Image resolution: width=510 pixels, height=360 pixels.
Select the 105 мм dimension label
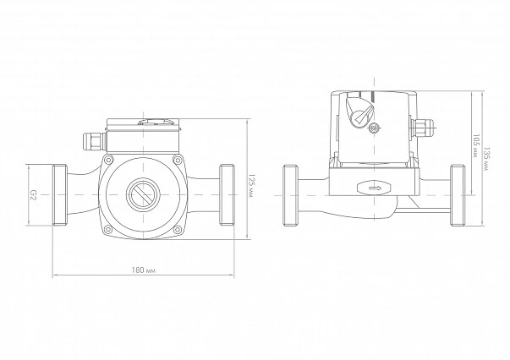pyautogui.click(x=476, y=145)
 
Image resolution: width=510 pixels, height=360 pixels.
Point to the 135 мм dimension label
pyautogui.click(x=486, y=160)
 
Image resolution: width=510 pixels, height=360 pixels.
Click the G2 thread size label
pyautogui.click(x=32, y=195)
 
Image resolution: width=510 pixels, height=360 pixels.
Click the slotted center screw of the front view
pyautogui.click(x=143, y=194)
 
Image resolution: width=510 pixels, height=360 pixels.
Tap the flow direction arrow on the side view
pyautogui.click(x=376, y=188)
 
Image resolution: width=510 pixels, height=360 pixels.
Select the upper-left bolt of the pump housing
pyautogui.click(x=108, y=160)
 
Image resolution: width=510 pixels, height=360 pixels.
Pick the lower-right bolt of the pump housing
pyautogui.click(x=178, y=230)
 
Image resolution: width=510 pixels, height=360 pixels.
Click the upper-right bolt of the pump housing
pyautogui.click(x=178, y=160)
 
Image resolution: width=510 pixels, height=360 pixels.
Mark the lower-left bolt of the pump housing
pyautogui.click(x=108, y=230)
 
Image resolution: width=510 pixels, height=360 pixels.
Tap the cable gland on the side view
pyautogui.click(x=423, y=128)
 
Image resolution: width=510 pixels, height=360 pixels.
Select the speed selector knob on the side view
pyautogui.click(x=359, y=112)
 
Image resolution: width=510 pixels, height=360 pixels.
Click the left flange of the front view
pyautogui.click(x=60, y=195)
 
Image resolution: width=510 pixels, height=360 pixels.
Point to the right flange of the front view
pyautogui.click(x=227, y=195)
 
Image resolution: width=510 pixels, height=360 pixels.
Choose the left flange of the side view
pyautogui.click(x=291, y=195)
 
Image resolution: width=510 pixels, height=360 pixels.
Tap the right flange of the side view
pyautogui.click(x=458, y=195)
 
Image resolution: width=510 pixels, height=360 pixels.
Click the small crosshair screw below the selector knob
pyautogui.click(x=375, y=128)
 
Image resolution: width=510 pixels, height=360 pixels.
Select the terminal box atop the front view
pyautogui.click(x=143, y=136)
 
